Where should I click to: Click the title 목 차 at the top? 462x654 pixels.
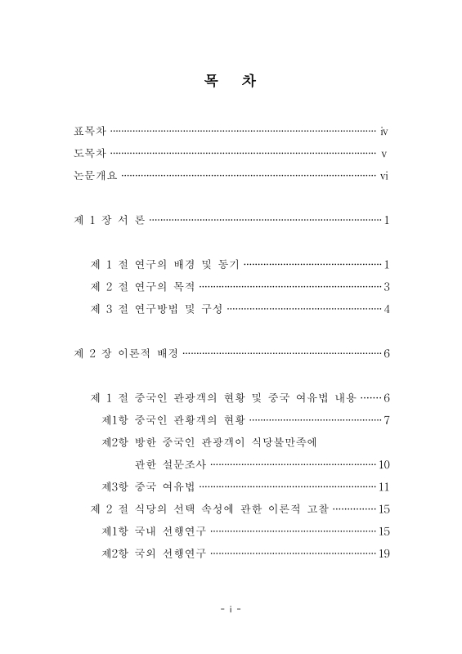(x=231, y=83)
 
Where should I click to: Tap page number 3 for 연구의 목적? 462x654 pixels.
(x=386, y=287)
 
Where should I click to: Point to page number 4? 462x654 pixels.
(x=386, y=309)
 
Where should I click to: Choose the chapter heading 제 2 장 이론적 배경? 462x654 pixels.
(x=126, y=354)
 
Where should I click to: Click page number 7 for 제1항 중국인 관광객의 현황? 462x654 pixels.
(x=386, y=420)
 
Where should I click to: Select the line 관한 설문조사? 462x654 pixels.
(x=164, y=465)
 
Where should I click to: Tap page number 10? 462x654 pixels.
(x=384, y=465)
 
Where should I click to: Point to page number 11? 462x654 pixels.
(x=384, y=487)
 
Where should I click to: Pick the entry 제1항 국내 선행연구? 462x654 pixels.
(x=153, y=532)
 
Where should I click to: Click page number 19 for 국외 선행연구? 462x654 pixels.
(x=384, y=554)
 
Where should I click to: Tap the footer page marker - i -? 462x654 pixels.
(x=231, y=608)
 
